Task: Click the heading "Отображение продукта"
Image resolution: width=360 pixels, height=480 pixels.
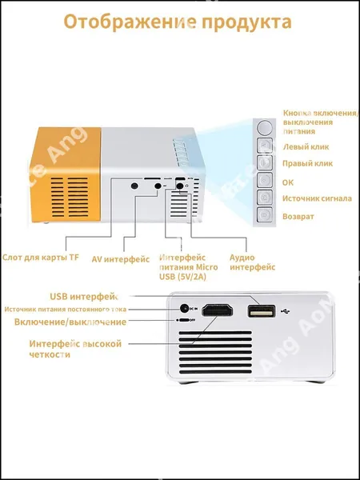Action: (x=178, y=22)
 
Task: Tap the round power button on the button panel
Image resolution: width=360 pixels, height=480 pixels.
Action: (x=265, y=127)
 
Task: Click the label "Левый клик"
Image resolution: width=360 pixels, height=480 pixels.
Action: (x=306, y=146)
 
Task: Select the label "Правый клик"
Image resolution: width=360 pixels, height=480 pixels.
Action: (x=307, y=163)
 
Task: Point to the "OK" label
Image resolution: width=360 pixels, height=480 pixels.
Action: (x=288, y=182)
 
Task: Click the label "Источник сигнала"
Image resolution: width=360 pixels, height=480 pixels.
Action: (x=317, y=198)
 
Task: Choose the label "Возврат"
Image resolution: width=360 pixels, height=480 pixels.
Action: (x=298, y=217)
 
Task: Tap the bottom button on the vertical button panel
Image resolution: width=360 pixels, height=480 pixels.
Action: (x=265, y=215)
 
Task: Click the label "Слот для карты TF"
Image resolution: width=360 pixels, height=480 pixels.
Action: (x=41, y=258)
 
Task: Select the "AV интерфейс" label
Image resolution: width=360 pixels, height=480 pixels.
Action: (x=121, y=259)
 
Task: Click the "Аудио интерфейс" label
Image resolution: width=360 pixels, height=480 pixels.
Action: (x=252, y=262)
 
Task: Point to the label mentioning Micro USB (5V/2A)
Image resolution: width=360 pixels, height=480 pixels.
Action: (x=189, y=267)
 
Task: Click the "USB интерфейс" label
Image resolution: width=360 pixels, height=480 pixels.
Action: (x=84, y=297)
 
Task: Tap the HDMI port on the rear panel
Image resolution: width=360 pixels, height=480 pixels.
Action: (x=218, y=310)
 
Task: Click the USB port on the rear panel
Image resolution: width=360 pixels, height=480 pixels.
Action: (x=262, y=311)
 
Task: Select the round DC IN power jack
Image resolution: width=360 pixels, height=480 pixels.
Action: (x=184, y=309)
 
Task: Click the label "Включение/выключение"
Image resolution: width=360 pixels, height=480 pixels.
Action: (x=70, y=322)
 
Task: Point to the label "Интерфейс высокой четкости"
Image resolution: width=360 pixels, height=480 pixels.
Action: (x=75, y=349)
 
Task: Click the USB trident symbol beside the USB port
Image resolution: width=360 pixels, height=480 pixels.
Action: (x=285, y=311)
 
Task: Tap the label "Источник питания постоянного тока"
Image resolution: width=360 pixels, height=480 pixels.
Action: (x=66, y=310)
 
